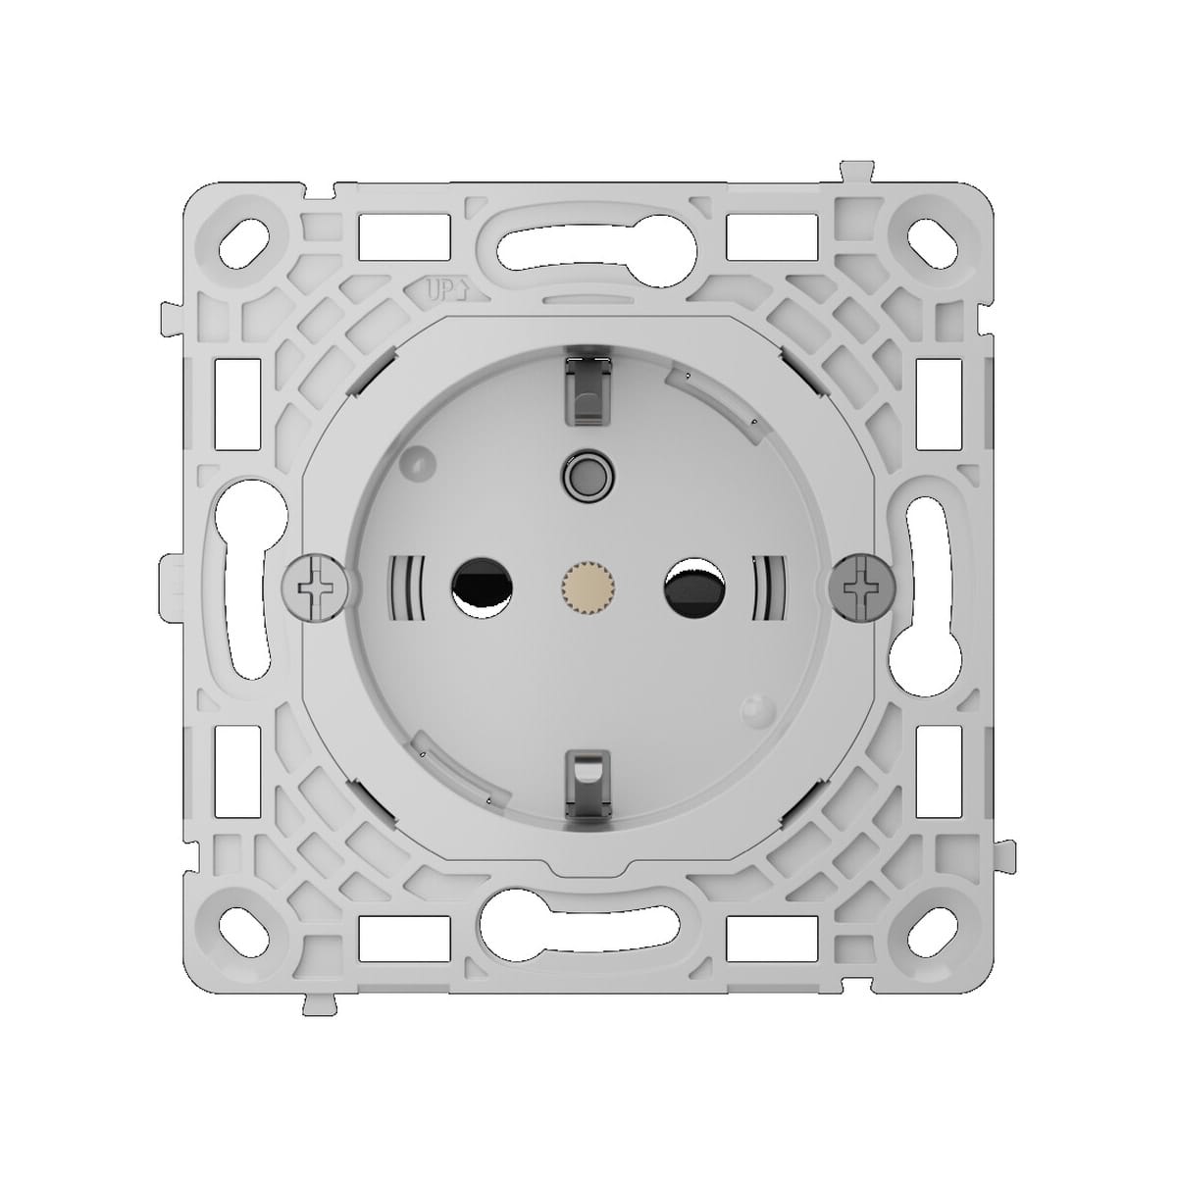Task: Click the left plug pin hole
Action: (x=479, y=587)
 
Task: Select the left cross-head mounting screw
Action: (x=313, y=587)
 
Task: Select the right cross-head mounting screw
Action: (x=861, y=587)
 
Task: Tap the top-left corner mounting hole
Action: (x=250, y=235)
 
